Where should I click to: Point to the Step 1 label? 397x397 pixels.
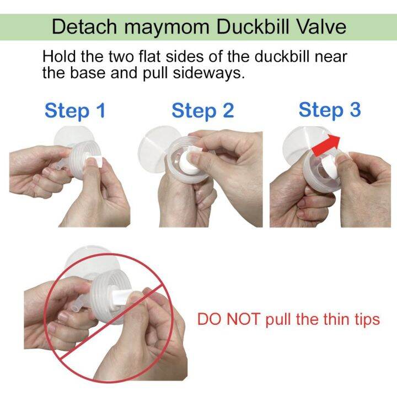[x=74, y=111]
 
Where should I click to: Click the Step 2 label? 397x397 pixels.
[x=203, y=111]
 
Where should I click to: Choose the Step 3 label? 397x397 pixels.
[x=330, y=110]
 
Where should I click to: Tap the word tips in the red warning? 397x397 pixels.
[x=363, y=320]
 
